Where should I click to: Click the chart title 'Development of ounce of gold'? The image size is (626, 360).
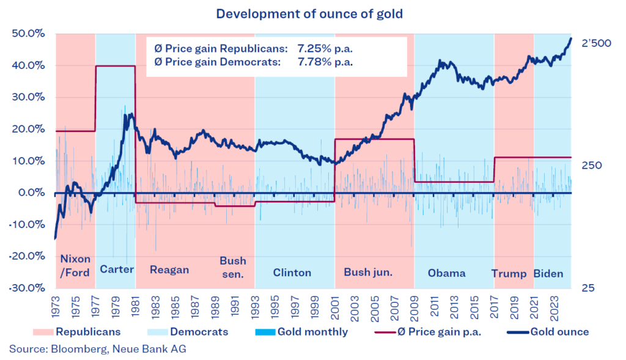pyautogui.click(x=312, y=13)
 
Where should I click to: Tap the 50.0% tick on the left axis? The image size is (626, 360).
pyautogui.click(x=28, y=34)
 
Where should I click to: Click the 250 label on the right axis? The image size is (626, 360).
pyautogui.click(x=592, y=166)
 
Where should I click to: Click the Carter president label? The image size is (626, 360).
pyautogui.click(x=117, y=270)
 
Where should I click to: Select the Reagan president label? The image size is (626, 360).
pyautogui.click(x=169, y=270)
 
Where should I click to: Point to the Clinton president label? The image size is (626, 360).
pyautogui.click(x=292, y=273)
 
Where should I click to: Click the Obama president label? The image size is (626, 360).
pyautogui.click(x=447, y=273)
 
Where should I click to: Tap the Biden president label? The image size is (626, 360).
pyautogui.click(x=548, y=273)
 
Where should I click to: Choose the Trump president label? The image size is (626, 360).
pyautogui.click(x=509, y=273)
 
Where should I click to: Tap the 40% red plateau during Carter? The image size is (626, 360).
pyautogui.click(x=115, y=66)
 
